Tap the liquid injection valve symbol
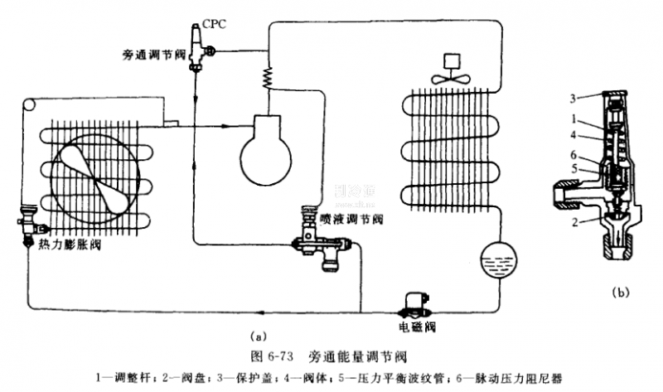318,241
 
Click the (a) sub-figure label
258,336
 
